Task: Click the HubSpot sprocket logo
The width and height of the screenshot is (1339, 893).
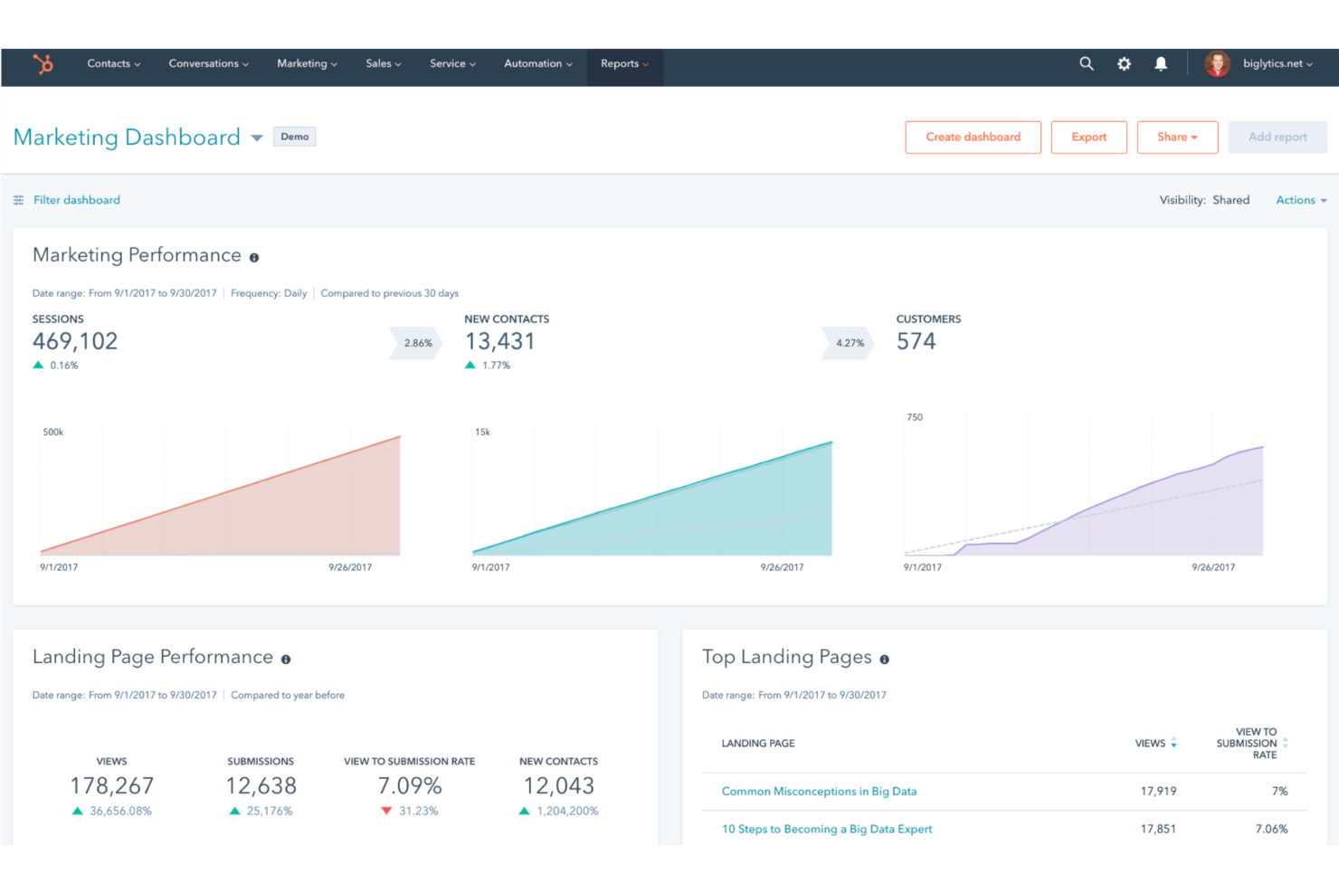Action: (x=43, y=64)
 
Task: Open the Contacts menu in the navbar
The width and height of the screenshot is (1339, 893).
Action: (x=113, y=64)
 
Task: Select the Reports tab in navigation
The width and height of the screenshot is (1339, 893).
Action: (x=624, y=64)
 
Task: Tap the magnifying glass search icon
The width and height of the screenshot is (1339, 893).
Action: (x=1086, y=64)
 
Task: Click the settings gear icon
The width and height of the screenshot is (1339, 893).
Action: (x=1124, y=64)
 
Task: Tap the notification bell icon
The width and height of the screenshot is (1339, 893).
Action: (x=1161, y=64)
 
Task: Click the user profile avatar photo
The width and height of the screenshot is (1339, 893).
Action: (x=1217, y=64)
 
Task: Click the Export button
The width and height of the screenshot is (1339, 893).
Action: (x=1088, y=138)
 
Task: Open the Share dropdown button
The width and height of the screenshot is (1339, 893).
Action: (x=1177, y=138)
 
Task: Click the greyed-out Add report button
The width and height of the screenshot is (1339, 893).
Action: (x=1277, y=138)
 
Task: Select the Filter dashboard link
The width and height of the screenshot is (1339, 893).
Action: (x=76, y=200)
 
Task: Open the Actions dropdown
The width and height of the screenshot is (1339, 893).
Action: (x=1300, y=200)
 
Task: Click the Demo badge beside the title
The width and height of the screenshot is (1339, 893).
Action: (x=294, y=138)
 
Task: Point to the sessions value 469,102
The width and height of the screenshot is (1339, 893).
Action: (x=75, y=342)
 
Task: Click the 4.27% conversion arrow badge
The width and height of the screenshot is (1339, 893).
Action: (x=849, y=344)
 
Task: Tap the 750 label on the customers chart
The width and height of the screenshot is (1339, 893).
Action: (x=915, y=418)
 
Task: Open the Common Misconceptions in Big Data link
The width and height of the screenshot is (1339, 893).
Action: (x=819, y=792)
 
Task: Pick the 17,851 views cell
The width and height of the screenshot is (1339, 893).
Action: (x=1157, y=830)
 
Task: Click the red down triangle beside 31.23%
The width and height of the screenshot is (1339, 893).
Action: (x=386, y=812)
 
